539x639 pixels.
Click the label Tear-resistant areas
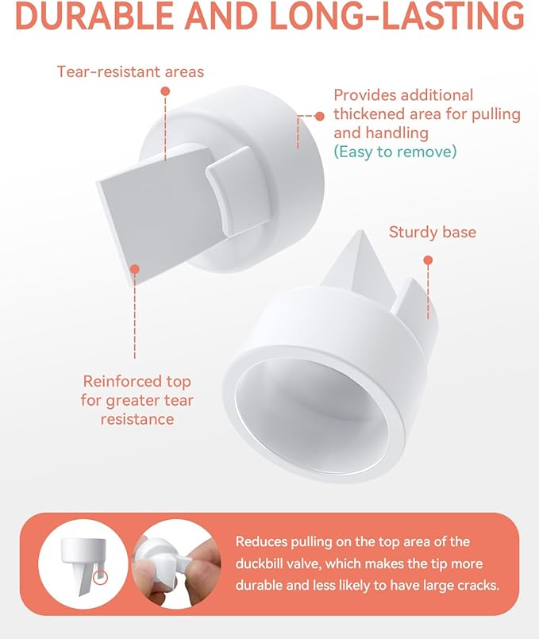click(x=130, y=72)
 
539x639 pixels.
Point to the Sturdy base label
click(x=433, y=233)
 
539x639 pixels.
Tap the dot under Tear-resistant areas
click(x=165, y=91)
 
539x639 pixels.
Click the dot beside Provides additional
click(x=319, y=116)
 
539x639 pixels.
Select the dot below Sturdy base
click(x=429, y=260)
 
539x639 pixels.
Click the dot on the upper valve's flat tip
click(x=135, y=270)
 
